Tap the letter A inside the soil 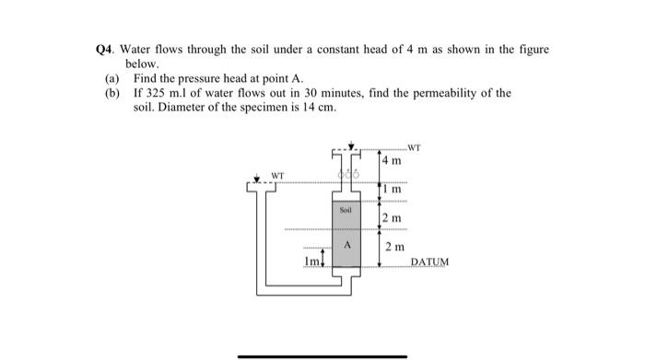346,246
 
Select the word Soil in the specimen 346,209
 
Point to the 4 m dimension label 393,162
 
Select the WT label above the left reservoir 276,172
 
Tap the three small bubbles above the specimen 346,176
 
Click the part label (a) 111,80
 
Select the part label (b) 111,94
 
